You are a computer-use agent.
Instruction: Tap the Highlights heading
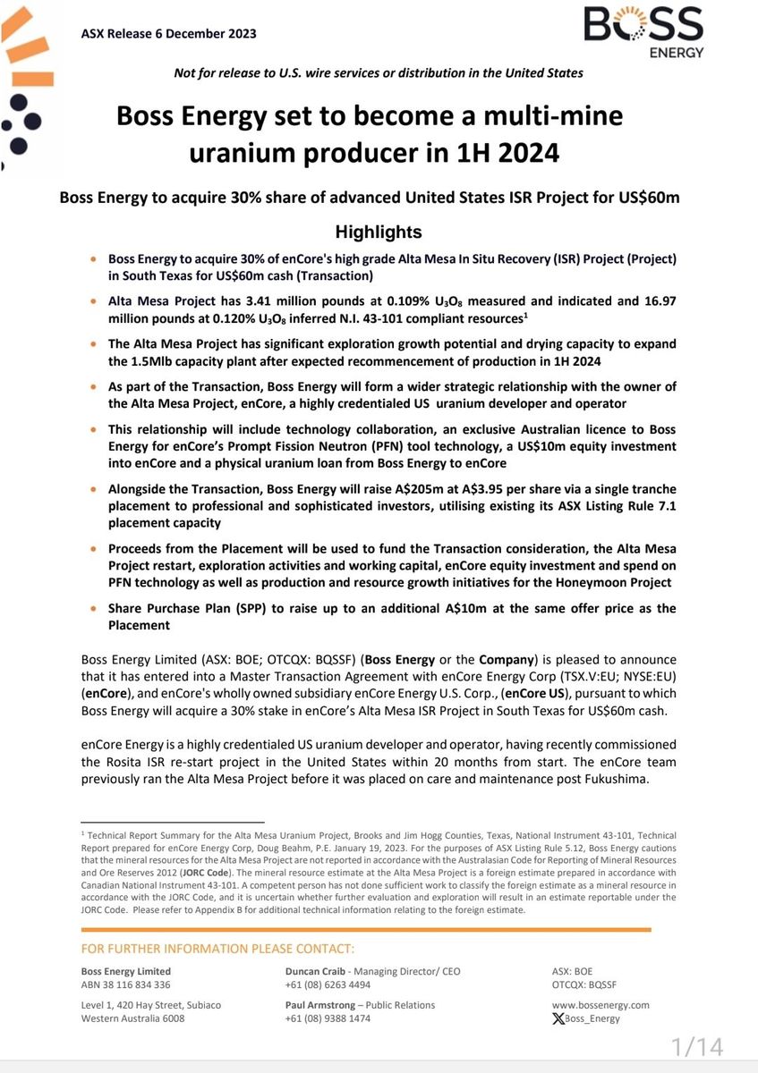[x=379, y=232]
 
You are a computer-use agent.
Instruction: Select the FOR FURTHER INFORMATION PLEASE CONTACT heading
[x=217, y=949]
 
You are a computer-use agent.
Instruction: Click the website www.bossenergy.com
[x=601, y=1005]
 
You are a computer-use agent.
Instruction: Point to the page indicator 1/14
[x=697, y=1047]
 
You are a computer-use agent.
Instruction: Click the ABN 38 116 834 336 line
[x=125, y=984]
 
